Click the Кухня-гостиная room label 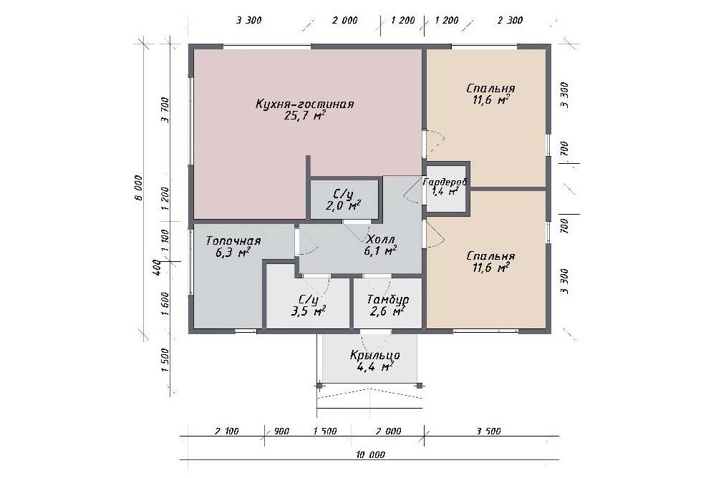(x=304, y=104)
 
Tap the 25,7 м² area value (x=304, y=115)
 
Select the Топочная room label (x=233, y=240)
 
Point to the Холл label (x=380, y=239)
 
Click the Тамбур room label (x=388, y=300)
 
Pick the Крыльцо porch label (x=375, y=355)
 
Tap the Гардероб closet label (x=445, y=182)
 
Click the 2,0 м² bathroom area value (x=344, y=206)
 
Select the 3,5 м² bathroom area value (x=309, y=311)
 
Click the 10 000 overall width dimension (x=370, y=454)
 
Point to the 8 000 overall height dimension (x=139, y=187)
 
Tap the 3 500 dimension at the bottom (x=488, y=431)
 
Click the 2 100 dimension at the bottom (x=226, y=431)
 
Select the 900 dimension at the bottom (x=281, y=431)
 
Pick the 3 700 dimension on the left (x=165, y=110)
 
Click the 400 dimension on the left (x=156, y=267)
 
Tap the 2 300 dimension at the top (x=510, y=20)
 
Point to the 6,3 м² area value (x=233, y=252)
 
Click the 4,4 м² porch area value (x=375, y=366)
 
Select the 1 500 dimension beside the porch (x=165, y=360)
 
